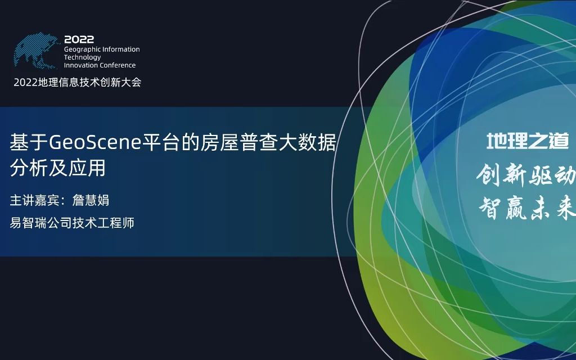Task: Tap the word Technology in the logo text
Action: coord(82,57)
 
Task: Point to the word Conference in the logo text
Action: coord(117,65)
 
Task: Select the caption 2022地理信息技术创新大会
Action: coord(77,82)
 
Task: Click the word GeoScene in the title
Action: coord(94,143)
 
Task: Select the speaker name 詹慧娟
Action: coord(91,200)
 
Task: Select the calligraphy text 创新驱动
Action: coord(526,176)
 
